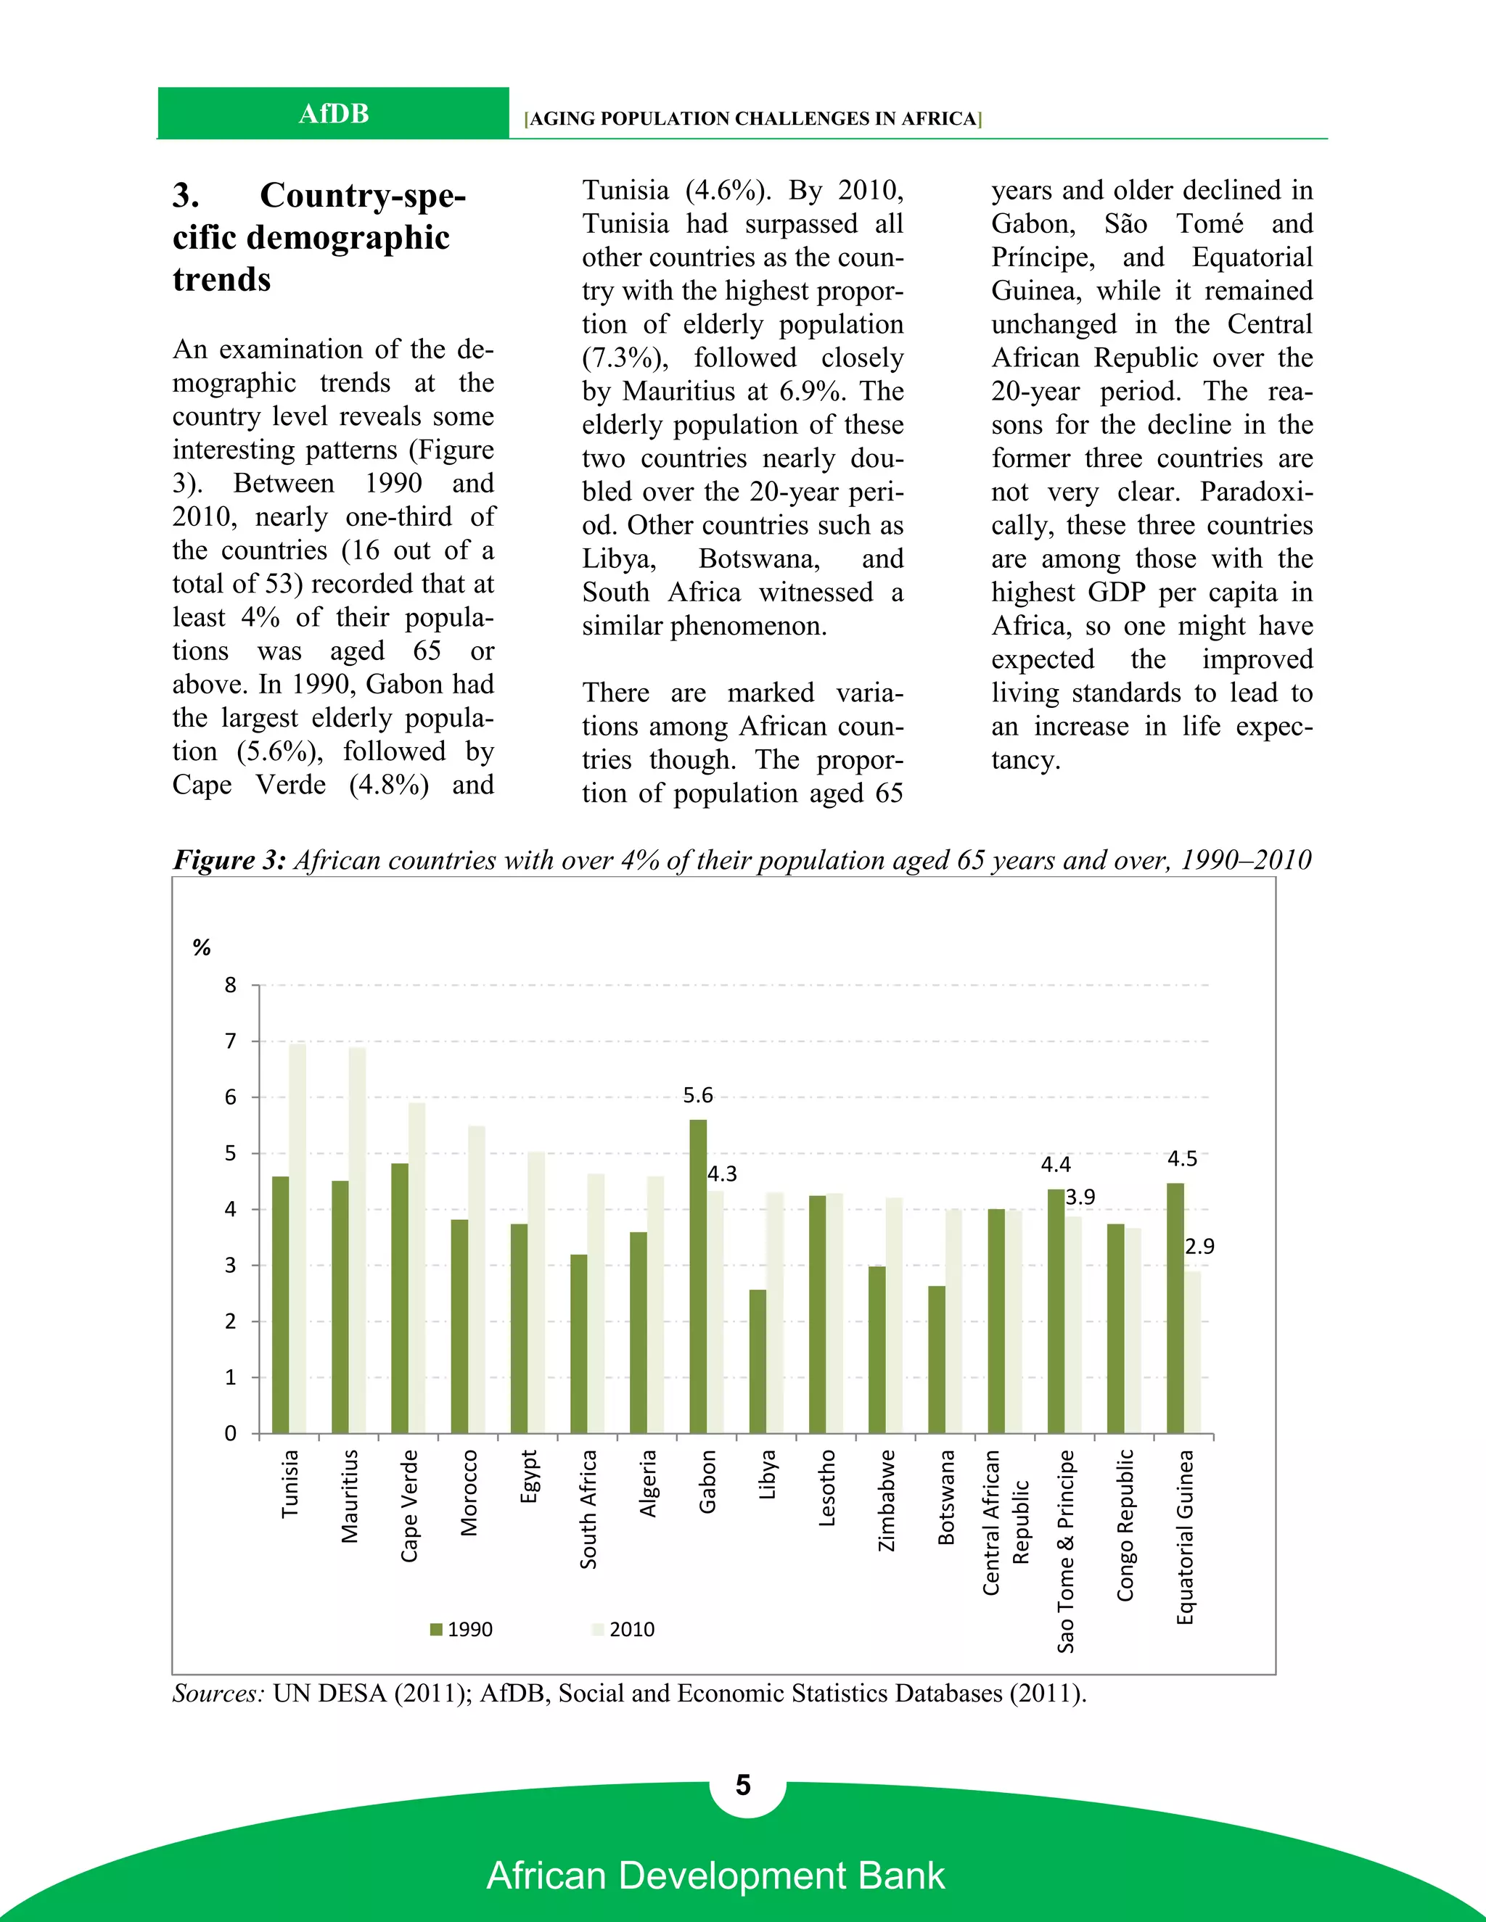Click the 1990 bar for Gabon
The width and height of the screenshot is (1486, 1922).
click(697, 1276)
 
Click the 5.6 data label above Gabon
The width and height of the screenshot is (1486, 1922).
click(697, 1094)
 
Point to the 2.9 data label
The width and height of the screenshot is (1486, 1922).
click(1199, 1246)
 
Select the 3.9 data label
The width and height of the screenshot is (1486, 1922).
click(1080, 1197)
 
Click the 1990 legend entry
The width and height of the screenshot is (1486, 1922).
click(461, 1629)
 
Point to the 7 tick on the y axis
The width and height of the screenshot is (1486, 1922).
click(231, 1041)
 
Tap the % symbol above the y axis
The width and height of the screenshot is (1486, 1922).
click(202, 948)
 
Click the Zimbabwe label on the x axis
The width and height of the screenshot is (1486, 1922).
click(887, 1501)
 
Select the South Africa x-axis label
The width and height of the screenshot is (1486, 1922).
click(588, 1509)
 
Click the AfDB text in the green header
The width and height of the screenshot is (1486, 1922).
click(334, 114)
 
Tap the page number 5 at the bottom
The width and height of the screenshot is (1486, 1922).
click(743, 1785)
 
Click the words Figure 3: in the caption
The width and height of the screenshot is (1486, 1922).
click(229, 859)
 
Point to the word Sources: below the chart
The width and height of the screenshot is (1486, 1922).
click(218, 1694)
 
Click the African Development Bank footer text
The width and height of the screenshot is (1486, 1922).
click(715, 1876)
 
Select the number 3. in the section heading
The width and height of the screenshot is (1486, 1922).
click(185, 195)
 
